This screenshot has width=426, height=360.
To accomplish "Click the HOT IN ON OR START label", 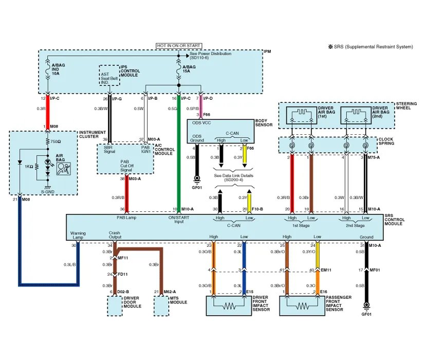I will pyautogui.click(x=179, y=46).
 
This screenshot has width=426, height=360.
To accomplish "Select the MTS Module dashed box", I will pyautogui.click(x=162, y=307).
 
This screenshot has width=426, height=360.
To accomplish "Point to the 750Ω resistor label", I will pyautogui.click(x=55, y=141).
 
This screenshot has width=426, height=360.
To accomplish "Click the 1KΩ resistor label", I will pyautogui.click(x=30, y=168).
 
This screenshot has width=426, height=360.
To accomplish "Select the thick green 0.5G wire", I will pyautogui.click(x=178, y=154).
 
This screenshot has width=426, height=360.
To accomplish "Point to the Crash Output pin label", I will pyautogui.click(x=115, y=235).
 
